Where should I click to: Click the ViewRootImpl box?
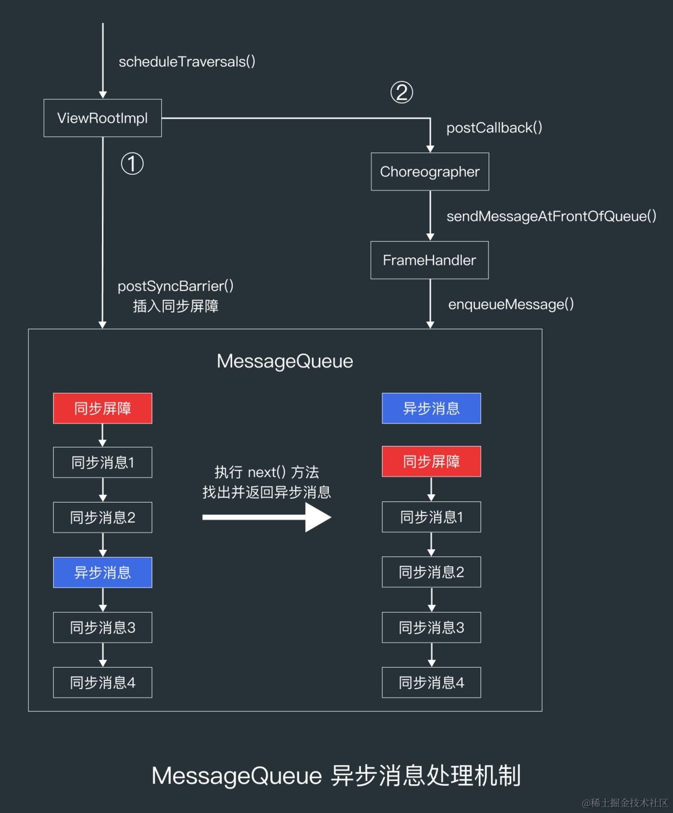coord(103,118)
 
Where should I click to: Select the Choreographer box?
coord(430,172)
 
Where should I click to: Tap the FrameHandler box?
coord(429,260)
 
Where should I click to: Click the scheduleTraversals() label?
coord(187,62)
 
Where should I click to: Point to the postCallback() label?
coord(494,128)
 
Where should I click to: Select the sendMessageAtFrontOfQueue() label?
coord(551,216)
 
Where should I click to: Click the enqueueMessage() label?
coord(511,304)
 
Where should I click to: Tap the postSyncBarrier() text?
coord(175,286)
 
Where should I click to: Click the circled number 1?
coord(132,163)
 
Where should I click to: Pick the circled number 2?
coord(402,92)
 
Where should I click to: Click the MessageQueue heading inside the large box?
coord(284,361)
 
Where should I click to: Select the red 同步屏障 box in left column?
coord(103,408)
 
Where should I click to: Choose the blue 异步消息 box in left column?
coord(103,572)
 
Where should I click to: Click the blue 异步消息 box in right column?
coord(431,408)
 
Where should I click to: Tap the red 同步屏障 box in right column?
coord(431,461)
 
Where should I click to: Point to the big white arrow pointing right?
coord(266,517)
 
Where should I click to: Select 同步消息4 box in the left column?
coord(103,682)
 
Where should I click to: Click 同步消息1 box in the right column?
coord(431,517)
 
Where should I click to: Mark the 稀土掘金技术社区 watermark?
coord(625,802)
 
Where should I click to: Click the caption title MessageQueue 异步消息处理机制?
coord(336,775)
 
